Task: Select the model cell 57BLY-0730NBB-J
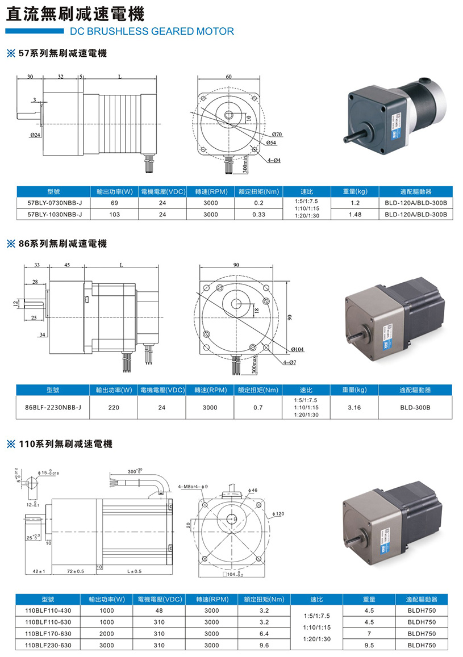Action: [x=55, y=203]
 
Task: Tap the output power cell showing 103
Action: [x=114, y=215]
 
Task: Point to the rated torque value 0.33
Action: [x=258, y=215]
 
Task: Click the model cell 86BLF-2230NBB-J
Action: [x=53, y=407]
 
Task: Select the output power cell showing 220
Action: [x=114, y=407]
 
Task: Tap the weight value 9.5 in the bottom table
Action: [x=369, y=645]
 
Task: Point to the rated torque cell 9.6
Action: [x=264, y=645]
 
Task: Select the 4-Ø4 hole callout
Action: [x=274, y=161]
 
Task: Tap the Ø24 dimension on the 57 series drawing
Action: [x=35, y=135]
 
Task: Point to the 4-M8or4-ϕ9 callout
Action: [x=193, y=487]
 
